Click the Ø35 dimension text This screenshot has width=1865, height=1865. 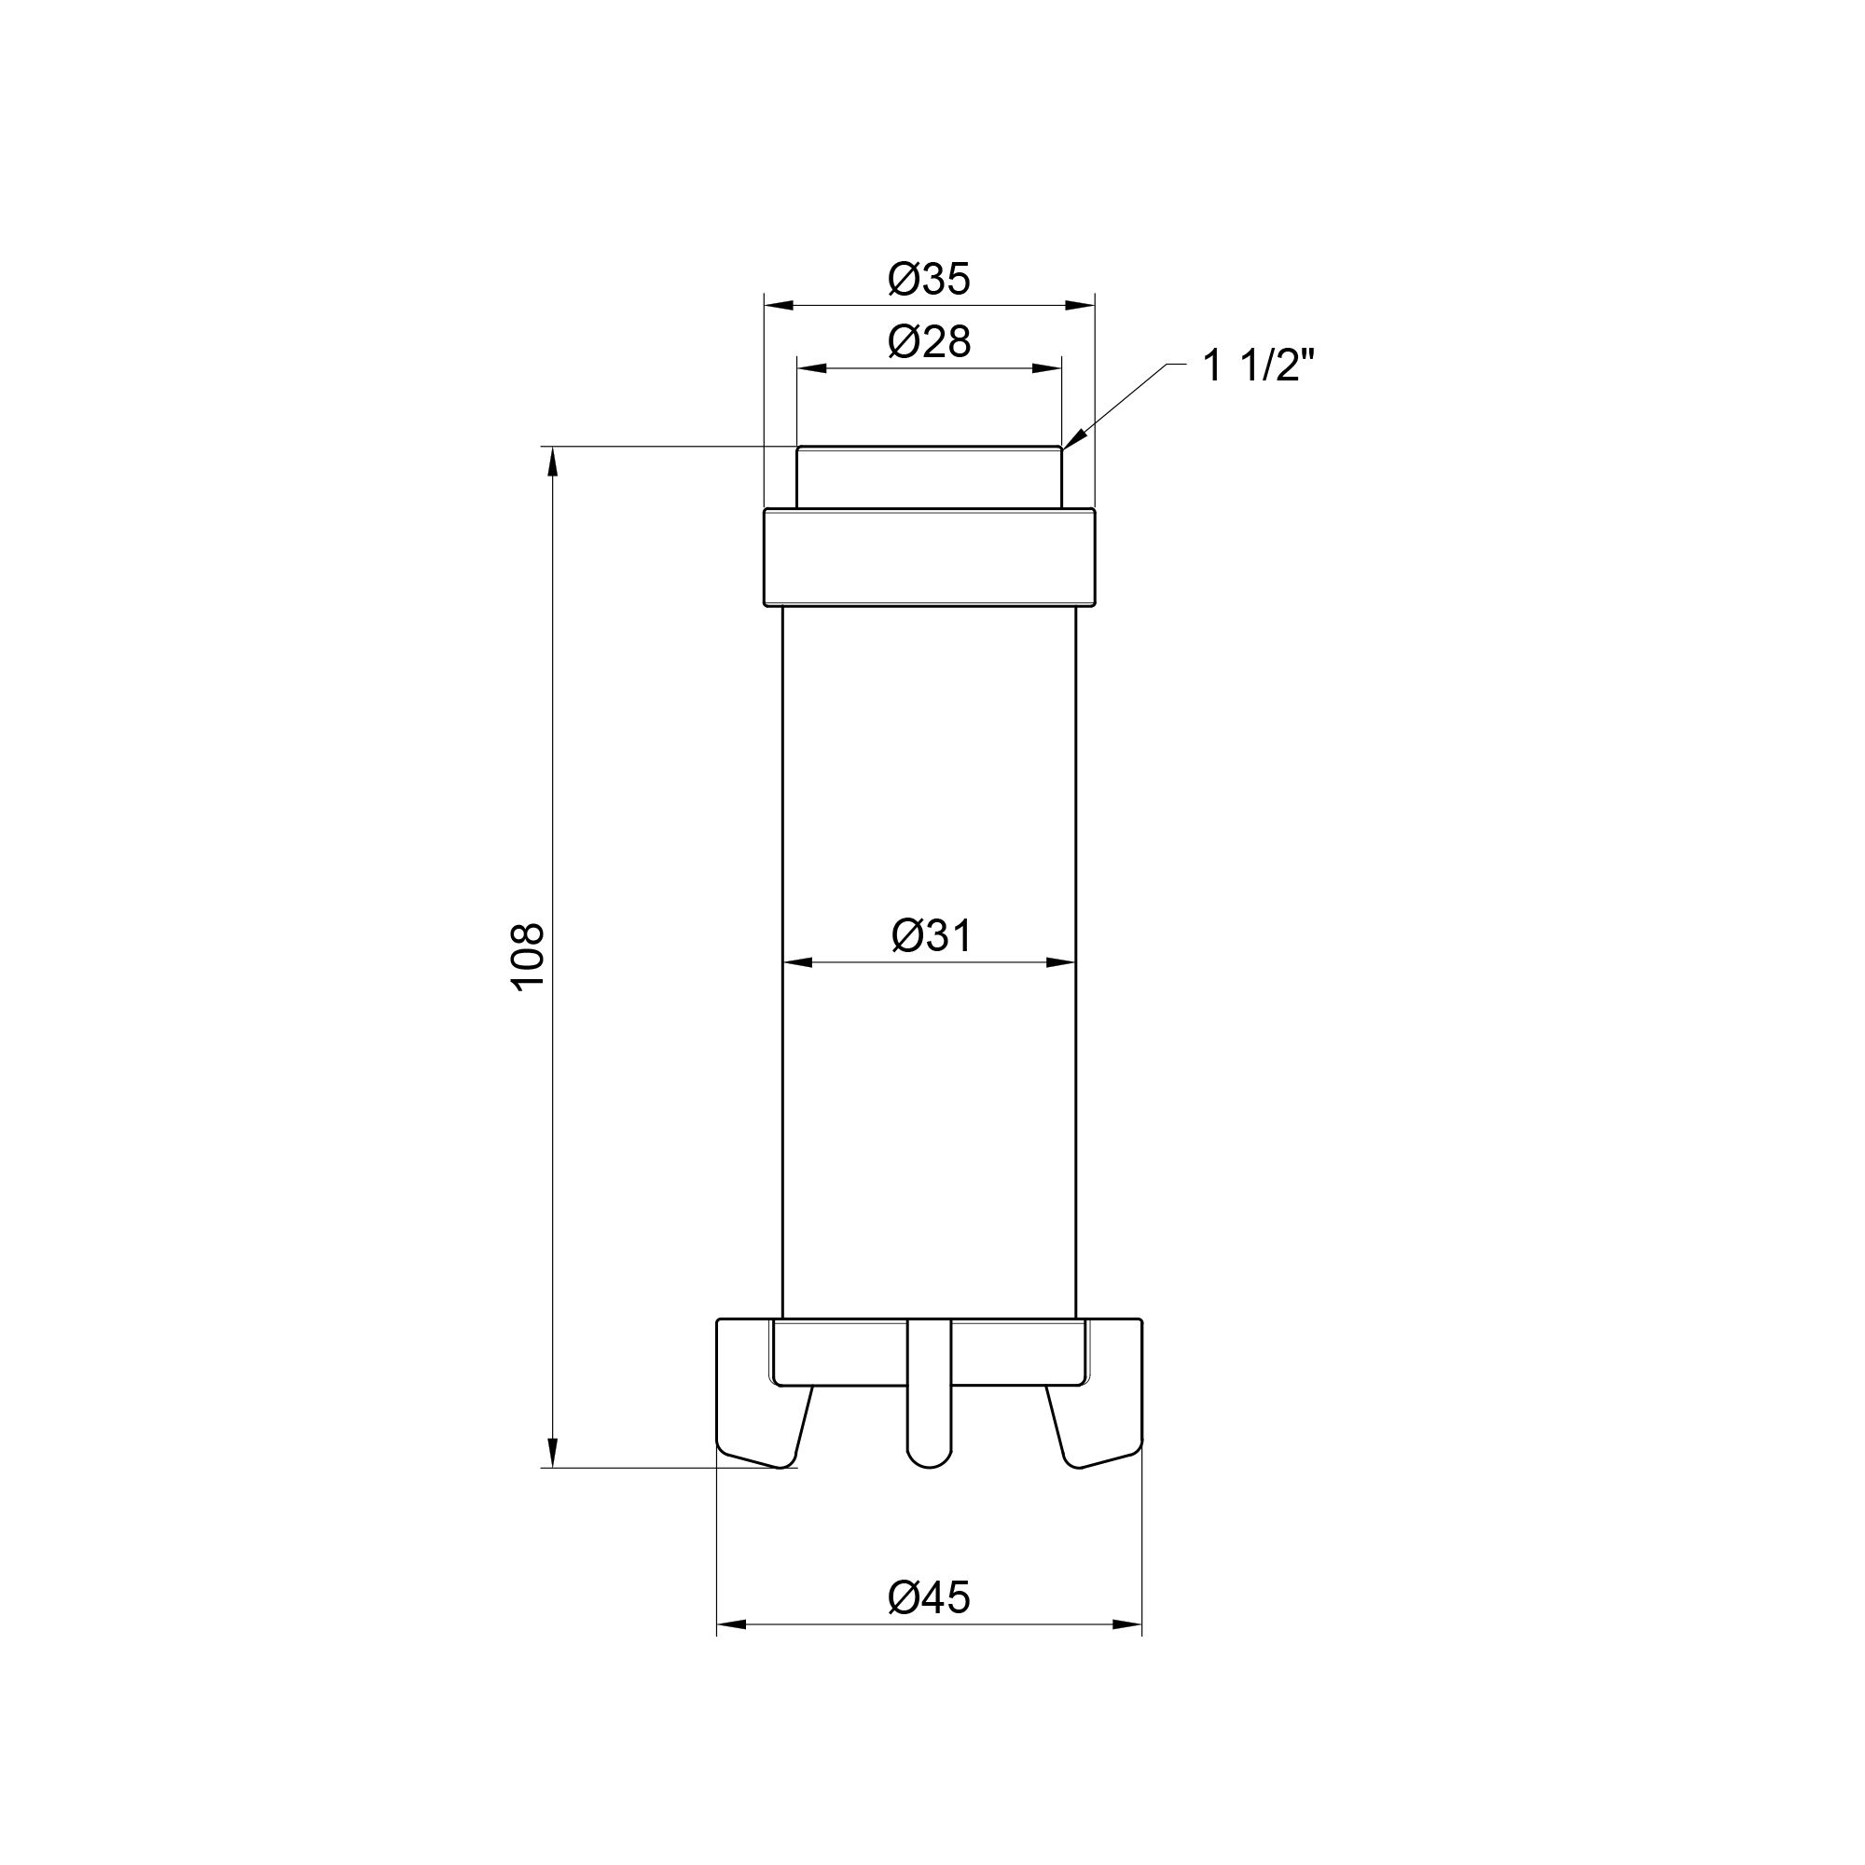pyautogui.click(x=929, y=280)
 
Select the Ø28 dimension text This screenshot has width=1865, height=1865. pyautogui.click(x=929, y=341)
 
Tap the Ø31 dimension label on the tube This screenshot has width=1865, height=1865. pyautogui.click(x=932, y=935)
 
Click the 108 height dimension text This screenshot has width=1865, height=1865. pyautogui.click(x=528, y=957)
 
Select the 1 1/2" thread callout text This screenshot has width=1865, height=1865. pyautogui.click(x=1259, y=366)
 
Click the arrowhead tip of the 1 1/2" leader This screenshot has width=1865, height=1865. pyautogui.click(x=1065, y=446)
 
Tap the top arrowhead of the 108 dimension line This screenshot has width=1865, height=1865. pyautogui.click(x=553, y=462)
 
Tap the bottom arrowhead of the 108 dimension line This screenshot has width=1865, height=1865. pyautogui.click(x=553, y=1453)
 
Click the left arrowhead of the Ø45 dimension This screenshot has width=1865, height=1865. pyautogui.click(x=730, y=1624)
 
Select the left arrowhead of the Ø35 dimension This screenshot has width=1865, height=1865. pyautogui.click(x=778, y=305)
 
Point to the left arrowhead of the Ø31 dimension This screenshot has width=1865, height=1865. pyautogui.click(x=796, y=961)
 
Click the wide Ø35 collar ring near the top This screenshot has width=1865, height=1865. pyautogui.click(x=929, y=558)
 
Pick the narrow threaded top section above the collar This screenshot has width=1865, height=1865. pyautogui.click(x=929, y=477)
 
